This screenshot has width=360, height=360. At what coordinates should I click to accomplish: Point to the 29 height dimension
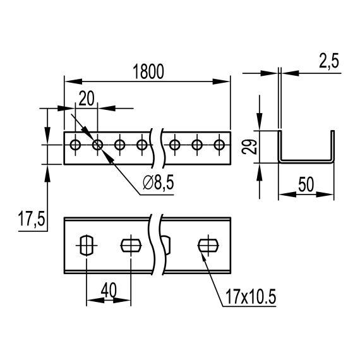coord(251,147)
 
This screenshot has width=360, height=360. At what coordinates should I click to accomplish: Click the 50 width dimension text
coord(306,185)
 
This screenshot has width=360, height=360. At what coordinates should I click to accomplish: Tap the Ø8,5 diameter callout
coord(158,183)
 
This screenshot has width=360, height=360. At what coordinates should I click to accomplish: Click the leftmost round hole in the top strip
coord(75,145)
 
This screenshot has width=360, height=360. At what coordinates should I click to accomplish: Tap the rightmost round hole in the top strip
coord(219,145)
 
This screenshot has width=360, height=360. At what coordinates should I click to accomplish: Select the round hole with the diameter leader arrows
coord(97,145)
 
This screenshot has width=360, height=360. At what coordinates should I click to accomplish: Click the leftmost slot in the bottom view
coord(87,244)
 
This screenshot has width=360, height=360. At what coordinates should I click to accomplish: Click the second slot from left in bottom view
coord(129,244)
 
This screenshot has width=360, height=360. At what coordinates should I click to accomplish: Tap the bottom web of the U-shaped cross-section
coord(306,160)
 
